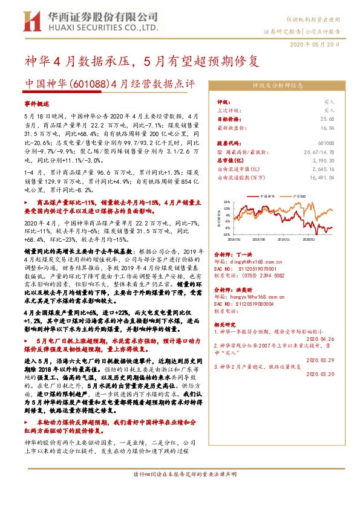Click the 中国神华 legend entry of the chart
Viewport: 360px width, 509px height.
pyautogui.click(x=268, y=196)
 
